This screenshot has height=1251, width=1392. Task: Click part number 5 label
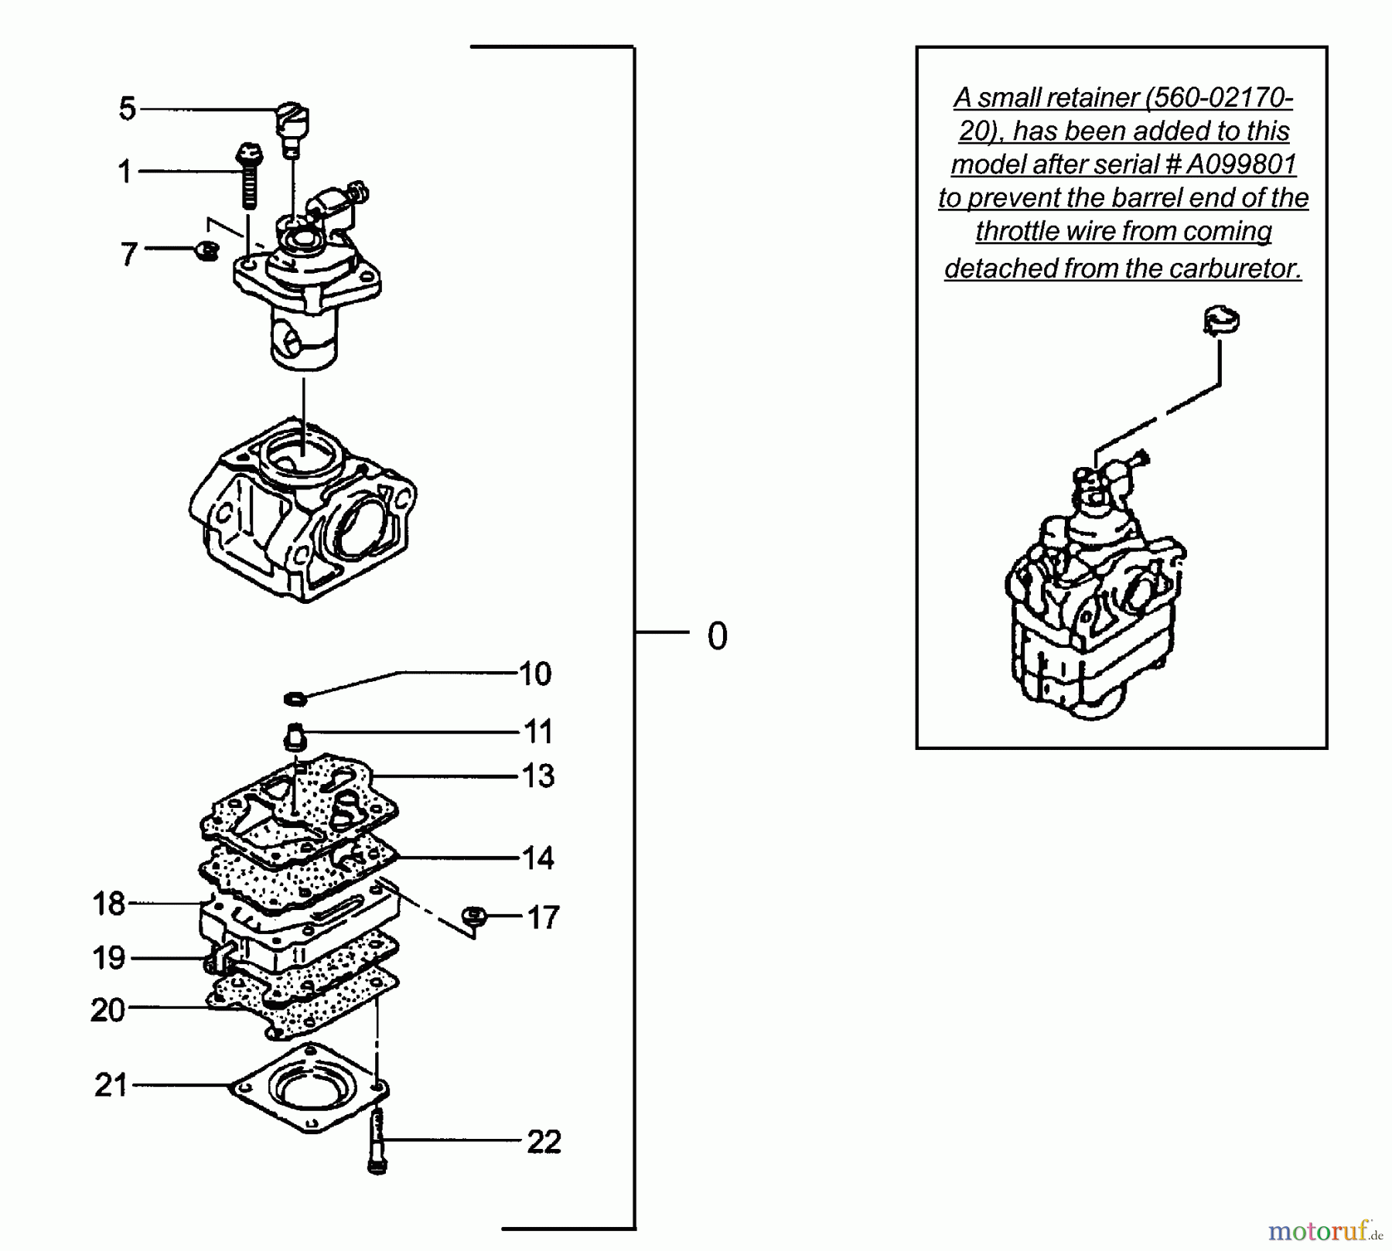128,109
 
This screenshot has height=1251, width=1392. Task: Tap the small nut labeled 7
206,251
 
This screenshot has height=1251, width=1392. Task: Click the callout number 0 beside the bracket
717,636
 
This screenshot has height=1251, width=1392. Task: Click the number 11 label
538,731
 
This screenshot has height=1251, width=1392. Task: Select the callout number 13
538,775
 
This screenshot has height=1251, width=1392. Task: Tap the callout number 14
538,858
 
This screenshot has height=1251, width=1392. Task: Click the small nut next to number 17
473,916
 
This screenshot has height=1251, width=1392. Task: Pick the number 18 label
108,903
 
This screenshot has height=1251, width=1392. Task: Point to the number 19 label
108,958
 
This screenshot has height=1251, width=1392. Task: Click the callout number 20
107,1010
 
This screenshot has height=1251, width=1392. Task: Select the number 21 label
111,1085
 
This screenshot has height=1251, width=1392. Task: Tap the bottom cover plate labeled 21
309,1086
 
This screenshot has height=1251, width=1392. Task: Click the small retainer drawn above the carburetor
1221,320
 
